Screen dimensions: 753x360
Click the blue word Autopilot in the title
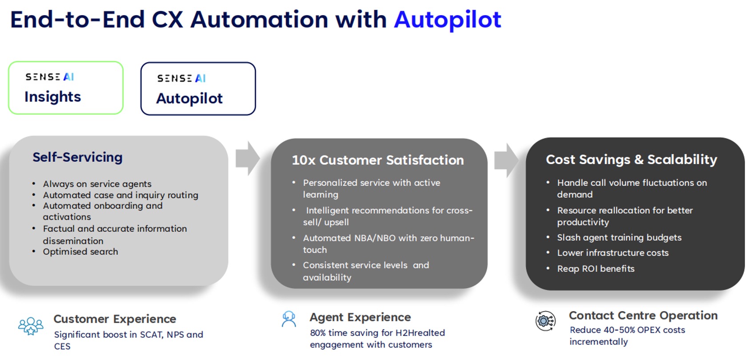[448, 20]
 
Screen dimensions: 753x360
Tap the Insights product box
[66, 88]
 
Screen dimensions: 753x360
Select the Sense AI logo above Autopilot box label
[181, 78]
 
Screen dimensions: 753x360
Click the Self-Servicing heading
[78, 157]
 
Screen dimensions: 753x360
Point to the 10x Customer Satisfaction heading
[378, 160]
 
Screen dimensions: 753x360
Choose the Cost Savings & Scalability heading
[631, 159]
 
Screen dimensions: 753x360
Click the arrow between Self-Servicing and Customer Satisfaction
[248, 158]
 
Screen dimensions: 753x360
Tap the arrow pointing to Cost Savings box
[506, 160]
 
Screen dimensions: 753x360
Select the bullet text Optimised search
[80, 252]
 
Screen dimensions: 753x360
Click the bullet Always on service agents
[97, 184]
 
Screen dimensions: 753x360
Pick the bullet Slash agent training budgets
[619, 238]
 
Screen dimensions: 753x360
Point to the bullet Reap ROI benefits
[596, 268]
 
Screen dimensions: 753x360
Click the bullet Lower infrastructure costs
[613, 253]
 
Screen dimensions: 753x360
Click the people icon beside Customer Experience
[31, 326]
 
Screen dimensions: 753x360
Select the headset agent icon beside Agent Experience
[289, 319]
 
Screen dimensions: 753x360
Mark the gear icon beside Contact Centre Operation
[545, 321]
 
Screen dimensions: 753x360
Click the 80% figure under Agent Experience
[318, 333]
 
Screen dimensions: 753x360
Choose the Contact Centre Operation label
[643, 316]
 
